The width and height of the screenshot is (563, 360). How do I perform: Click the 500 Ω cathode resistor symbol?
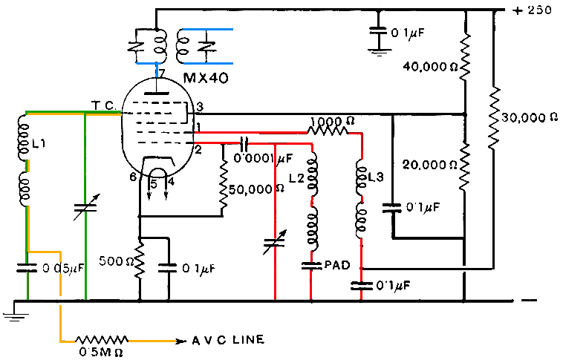[139, 261]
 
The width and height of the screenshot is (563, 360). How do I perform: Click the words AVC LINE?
[228, 341]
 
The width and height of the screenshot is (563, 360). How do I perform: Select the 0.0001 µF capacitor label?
[263, 158]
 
